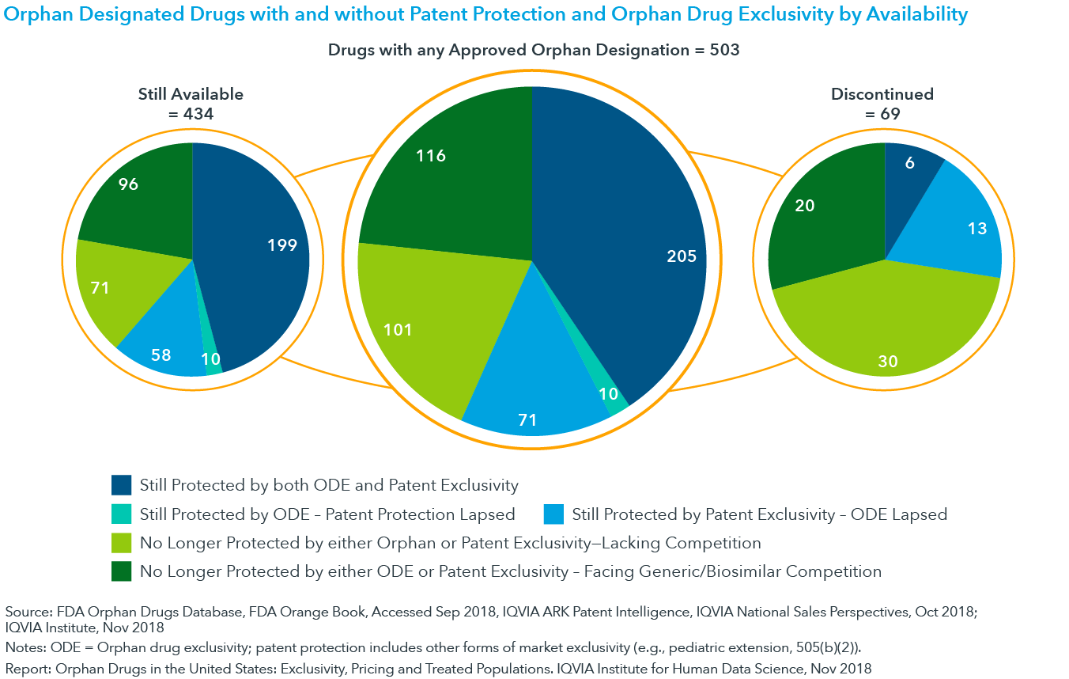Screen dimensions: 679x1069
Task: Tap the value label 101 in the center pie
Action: tap(398, 329)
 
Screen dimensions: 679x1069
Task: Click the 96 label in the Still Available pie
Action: tap(128, 184)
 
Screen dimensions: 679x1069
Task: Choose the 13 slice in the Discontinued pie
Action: tap(969, 226)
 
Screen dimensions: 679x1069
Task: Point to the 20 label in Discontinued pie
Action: tap(806, 206)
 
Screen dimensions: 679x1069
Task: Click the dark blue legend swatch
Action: tap(121, 485)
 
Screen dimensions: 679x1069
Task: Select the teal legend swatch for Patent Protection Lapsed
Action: tap(121, 514)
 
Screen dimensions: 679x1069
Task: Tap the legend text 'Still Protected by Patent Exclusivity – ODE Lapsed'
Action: tap(758, 514)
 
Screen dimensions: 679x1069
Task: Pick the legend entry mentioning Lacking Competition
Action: tap(450, 543)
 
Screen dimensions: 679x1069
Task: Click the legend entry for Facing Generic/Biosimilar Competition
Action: tap(510, 571)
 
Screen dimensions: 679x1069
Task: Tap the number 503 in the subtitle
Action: tap(724, 50)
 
